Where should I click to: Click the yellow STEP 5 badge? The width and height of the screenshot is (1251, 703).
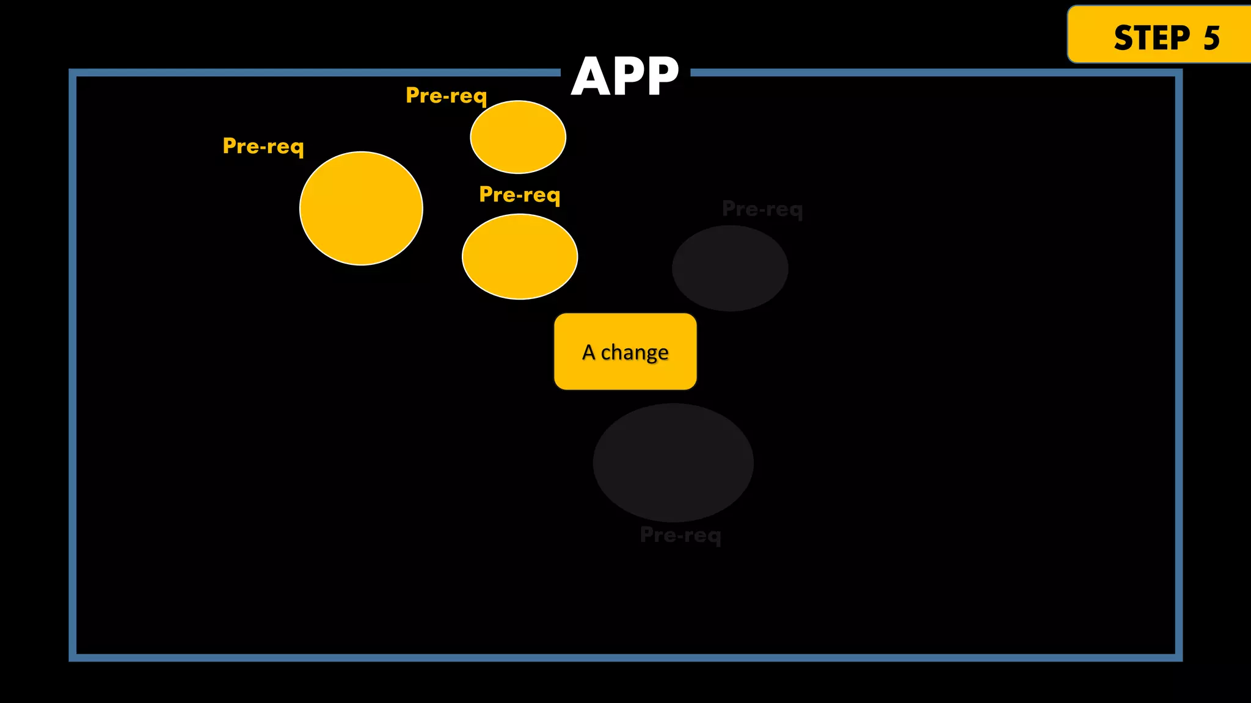point(1159,35)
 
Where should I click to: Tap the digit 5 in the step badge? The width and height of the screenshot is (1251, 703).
point(1211,38)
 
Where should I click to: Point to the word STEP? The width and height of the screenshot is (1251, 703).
point(1151,38)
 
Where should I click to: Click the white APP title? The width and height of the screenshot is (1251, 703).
point(625,77)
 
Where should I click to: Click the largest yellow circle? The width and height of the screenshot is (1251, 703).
point(361,208)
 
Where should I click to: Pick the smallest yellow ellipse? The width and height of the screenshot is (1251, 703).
point(518,137)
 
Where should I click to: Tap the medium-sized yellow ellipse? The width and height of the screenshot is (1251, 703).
point(520,256)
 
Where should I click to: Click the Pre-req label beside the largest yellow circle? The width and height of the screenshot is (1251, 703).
point(263,146)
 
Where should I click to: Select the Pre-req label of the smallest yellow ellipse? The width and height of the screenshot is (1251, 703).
point(447,96)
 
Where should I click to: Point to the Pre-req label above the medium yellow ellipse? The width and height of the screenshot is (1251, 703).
point(520,195)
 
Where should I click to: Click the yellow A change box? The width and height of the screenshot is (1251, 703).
point(625,351)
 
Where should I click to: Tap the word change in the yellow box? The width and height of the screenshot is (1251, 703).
point(635,353)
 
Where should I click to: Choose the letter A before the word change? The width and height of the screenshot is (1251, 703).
point(588,352)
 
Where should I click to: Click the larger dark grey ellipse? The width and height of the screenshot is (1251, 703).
point(673,463)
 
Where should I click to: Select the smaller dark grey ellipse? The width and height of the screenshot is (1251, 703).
point(730,268)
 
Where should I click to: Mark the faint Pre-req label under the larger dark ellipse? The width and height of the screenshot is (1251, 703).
point(680,535)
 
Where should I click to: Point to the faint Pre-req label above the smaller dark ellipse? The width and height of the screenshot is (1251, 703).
point(762,209)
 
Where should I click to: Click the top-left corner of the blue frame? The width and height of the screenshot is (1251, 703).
point(73,73)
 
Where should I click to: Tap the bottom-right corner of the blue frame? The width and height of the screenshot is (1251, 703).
point(1178,657)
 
